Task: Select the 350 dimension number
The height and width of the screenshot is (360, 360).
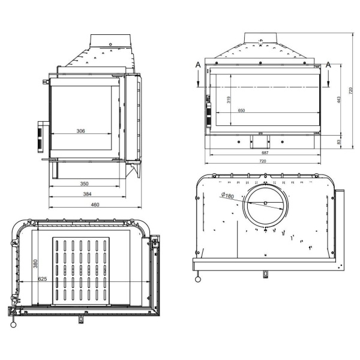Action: pyautogui.click(x=85, y=183)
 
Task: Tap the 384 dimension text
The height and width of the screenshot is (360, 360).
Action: pyautogui.click(x=87, y=194)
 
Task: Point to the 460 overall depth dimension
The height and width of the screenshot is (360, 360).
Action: pyautogui.click(x=95, y=205)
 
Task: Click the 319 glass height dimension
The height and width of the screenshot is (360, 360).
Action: pyautogui.click(x=229, y=100)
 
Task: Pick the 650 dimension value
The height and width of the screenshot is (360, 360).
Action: pyautogui.click(x=241, y=111)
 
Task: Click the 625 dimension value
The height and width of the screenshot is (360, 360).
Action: pyautogui.click(x=42, y=278)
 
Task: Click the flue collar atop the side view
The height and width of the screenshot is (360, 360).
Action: pyautogui.click(x=112, y=40)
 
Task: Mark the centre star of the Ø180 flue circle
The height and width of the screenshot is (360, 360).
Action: pyautogui.click(x=264, y=204)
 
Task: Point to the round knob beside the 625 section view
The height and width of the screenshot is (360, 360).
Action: pyautogui.click(x=13, y=325)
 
